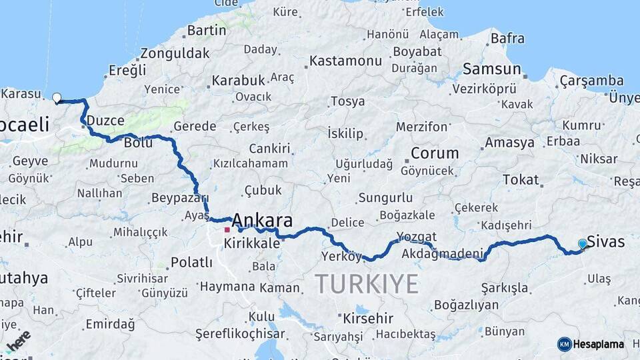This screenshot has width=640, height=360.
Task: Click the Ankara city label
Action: [262, 221]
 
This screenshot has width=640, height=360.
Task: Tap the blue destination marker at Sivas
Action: [583, 244]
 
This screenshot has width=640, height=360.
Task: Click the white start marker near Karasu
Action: [57, 99]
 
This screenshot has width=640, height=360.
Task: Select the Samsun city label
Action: [491, 69]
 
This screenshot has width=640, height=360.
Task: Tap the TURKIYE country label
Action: [366, 283]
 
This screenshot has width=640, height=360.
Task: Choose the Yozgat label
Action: [417, 237]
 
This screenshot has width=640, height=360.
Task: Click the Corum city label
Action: [434, 153]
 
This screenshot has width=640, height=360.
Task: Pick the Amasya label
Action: [509, 143]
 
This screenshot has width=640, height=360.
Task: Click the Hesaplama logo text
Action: [599, 344]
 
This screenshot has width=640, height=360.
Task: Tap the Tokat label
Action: [520, 179]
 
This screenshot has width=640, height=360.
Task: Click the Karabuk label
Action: [238, 81]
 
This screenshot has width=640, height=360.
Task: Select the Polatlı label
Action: [191, 262]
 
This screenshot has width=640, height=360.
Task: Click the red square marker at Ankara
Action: [227, 230]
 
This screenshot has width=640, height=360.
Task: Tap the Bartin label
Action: [207, 31]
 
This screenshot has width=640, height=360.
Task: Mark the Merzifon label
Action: [421, 126]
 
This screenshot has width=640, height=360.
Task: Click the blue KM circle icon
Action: [564, 344]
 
